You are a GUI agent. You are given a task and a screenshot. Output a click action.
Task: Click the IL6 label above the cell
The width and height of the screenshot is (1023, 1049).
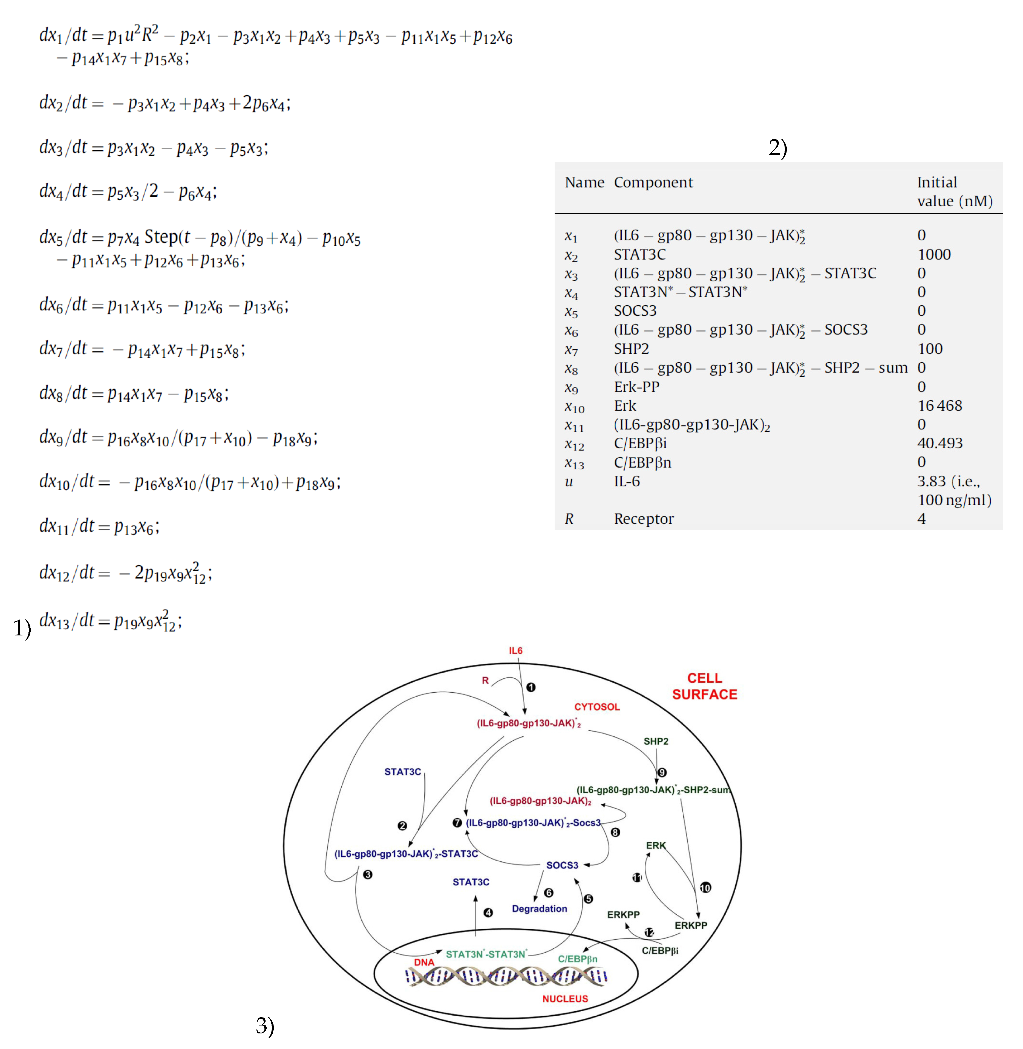pos(515,651)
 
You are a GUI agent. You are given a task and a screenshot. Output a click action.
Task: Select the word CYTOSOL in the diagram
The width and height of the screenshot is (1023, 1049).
pos(597,707)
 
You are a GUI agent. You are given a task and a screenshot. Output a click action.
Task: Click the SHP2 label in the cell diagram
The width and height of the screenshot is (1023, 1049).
pos(656,741)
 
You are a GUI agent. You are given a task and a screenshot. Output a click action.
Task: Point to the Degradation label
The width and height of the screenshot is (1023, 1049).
pos(540,909)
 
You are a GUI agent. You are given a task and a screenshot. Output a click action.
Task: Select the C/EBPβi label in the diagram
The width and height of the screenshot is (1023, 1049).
pos(660,951)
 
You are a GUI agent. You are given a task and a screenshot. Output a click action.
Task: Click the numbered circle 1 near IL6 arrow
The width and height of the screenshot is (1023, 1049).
pos(531,687)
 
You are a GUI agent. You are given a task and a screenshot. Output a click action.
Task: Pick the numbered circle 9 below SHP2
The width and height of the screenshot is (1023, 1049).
pos(662,772)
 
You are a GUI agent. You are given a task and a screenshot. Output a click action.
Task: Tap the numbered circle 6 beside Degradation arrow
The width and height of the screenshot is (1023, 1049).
pos(549,893)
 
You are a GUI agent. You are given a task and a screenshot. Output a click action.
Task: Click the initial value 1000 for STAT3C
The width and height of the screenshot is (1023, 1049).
pos(934,254)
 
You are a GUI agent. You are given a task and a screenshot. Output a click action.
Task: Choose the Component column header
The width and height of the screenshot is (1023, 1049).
pos(653,182)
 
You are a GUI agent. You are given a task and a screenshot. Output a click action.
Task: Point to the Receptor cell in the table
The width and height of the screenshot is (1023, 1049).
pos(644,519)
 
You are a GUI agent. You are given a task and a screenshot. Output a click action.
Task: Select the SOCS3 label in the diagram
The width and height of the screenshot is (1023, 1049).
pos(562,865)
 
